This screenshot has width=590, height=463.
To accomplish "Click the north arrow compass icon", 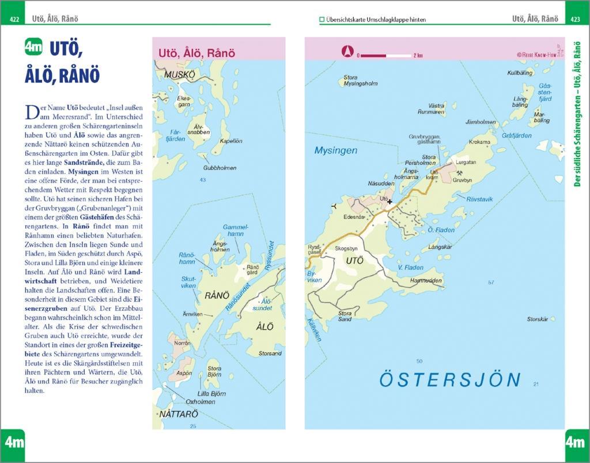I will pos(347,52).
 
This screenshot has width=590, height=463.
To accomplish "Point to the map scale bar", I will pos(386,55).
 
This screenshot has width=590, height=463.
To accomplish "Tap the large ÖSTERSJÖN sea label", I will pos(449,380).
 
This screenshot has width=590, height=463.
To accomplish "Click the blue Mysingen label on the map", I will pos(335,150).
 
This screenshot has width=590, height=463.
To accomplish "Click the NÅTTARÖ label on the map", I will pos(179,414).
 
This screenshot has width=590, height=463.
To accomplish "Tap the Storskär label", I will pos(538,319).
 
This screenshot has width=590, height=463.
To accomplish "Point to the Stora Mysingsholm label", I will pos(360,80).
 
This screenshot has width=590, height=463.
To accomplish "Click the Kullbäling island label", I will pos(519,73).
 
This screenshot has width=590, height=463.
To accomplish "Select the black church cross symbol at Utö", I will pos(390,202).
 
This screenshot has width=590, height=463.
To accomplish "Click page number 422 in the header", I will pos(14,20).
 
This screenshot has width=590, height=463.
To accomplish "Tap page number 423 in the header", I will pos(574,20).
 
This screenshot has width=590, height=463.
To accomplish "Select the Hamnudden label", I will pos(426,281).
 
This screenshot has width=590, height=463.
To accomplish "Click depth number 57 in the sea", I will pos(491,282).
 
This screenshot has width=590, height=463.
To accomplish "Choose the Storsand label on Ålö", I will pos(270,353).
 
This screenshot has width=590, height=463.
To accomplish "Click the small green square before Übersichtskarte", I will pos(322,20).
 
